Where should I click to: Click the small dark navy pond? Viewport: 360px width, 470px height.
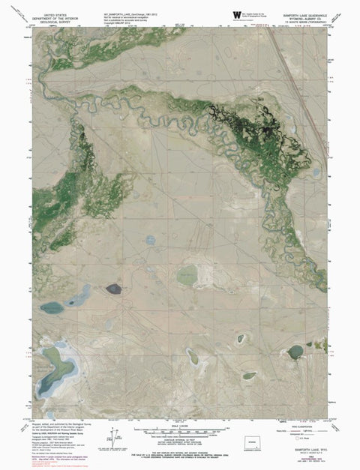point(113,288)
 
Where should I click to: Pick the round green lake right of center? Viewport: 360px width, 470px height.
point(187,275)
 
